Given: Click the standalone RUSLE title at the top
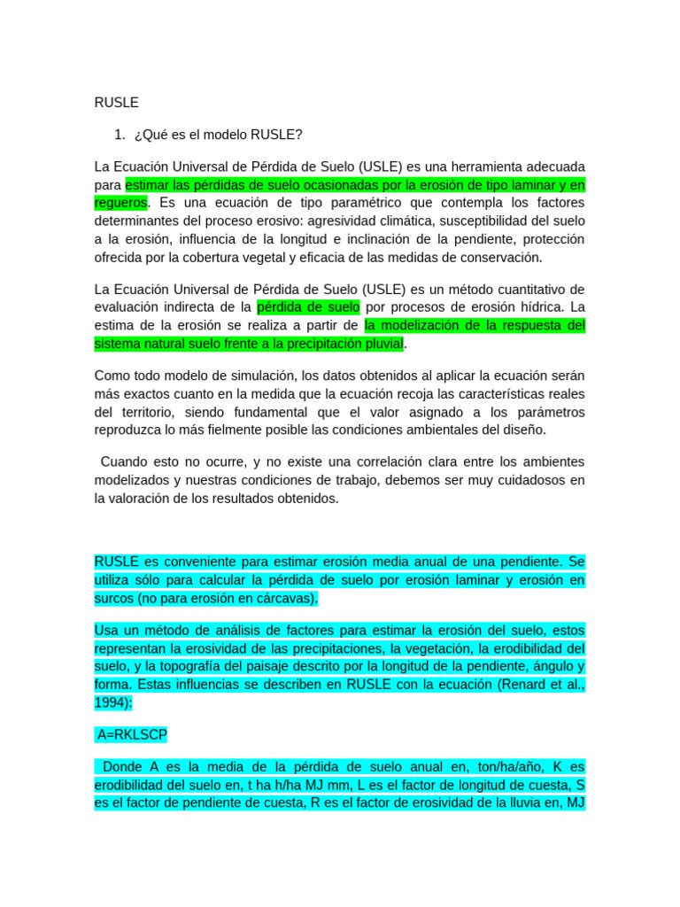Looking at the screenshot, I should coord(116,103).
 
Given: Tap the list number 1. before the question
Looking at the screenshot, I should coord(120,135).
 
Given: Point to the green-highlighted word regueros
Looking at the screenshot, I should coord(120,203).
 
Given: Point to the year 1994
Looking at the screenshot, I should coord(110,702).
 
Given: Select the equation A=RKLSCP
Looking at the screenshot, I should coord(133,734).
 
